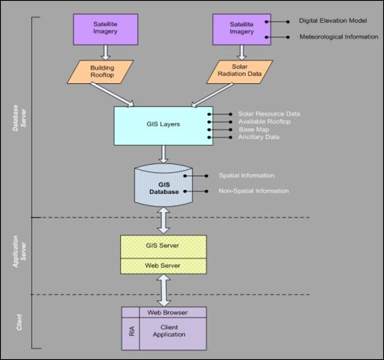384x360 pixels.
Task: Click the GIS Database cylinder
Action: [163, 188]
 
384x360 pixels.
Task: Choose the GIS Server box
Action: [163, 246]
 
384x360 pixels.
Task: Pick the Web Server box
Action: [163, 266]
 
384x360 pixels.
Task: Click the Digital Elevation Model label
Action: [333, 20]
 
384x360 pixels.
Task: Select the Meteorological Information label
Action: [339, 37]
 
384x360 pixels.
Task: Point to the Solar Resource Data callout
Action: [269, 114]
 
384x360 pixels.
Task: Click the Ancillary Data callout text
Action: [258, 137]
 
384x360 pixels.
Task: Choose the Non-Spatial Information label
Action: [253, 191]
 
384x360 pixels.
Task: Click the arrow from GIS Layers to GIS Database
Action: [163, 154]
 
